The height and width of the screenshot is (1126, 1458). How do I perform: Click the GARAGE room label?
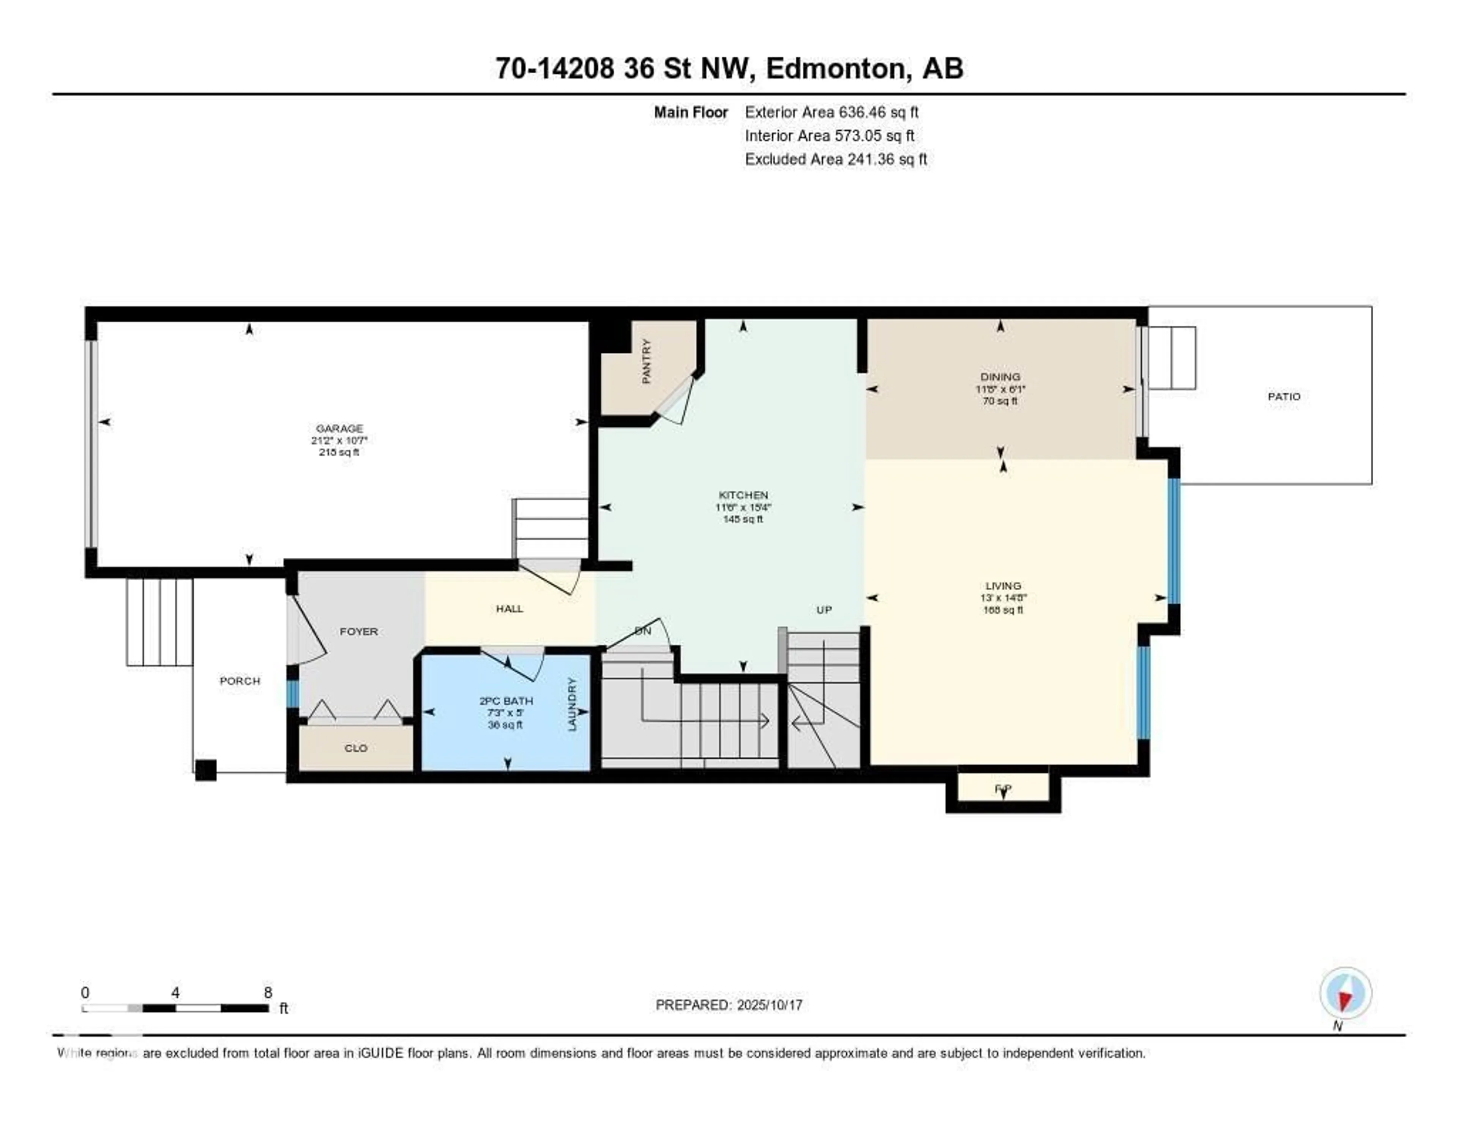click(339, 429)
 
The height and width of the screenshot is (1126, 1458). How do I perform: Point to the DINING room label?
click(1000, 377)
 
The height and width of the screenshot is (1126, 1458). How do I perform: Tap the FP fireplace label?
click(1003, 789)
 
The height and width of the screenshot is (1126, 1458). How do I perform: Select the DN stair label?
click(642, 631)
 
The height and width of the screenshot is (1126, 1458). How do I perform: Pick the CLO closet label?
click(356, 748)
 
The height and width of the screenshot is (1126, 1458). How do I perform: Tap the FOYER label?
click(358, 631)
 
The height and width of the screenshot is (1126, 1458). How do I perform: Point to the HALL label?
click(510, 609)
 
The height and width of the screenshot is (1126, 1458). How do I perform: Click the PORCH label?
click(240, 681)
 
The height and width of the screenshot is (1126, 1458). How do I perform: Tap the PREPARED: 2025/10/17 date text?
click(728, 1005)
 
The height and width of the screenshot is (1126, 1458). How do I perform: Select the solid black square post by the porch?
click(206, 770)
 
